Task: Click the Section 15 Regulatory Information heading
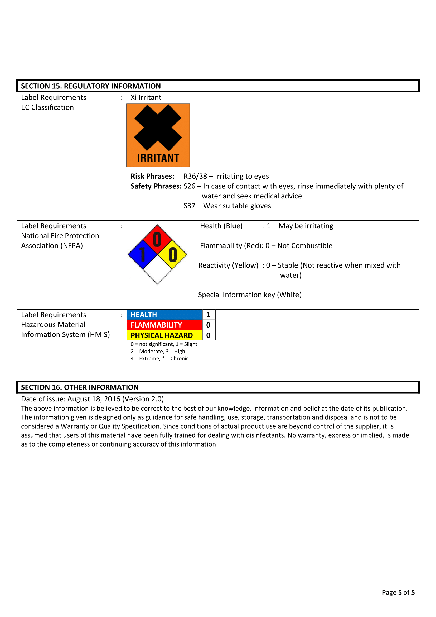click(x=91, y=86)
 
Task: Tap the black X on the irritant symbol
click(x=158, y=127)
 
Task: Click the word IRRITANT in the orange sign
click(x=158, y=158)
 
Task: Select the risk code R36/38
click(x=195, y=176)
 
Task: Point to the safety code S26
click(x=189, y=186)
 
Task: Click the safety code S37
click(x=189, y=206)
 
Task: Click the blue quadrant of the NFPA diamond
click(x=142, y=254)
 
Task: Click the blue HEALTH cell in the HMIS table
click(x=164, y=315)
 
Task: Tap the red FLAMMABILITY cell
click(x=164, y=325)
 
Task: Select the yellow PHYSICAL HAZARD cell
click(x=164, y=335)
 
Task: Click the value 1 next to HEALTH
click(x=208, y=315)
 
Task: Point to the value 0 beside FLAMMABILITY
click(x=208, y=325)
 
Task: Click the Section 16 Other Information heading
click(x=80, y=387)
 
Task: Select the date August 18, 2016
click(x=93, y=399)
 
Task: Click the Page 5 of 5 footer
click(x=398, y=592)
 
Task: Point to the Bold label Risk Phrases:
click(x=152, y=176)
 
